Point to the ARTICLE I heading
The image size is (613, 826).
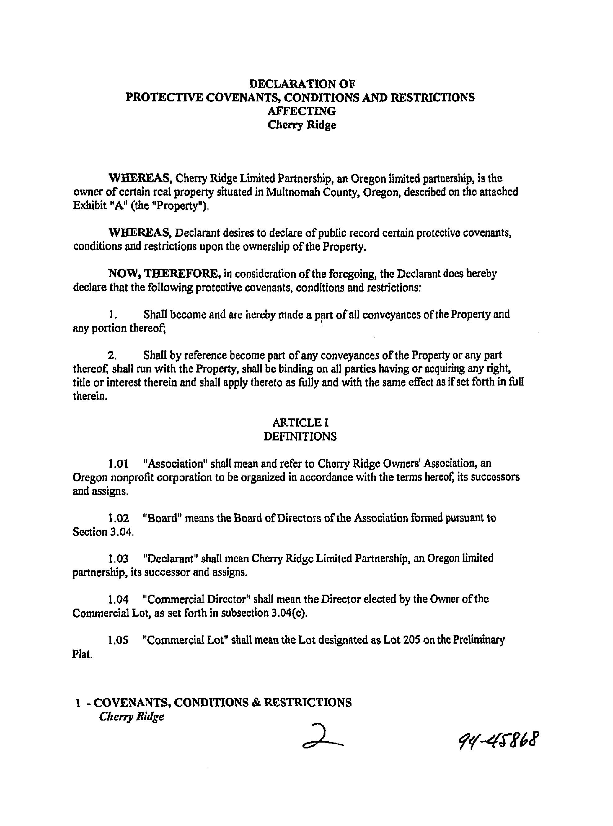click(x=300, y=422)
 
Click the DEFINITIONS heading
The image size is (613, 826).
click(x=300, y=436)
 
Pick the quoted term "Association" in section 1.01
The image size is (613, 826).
click(x=175, y=464)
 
